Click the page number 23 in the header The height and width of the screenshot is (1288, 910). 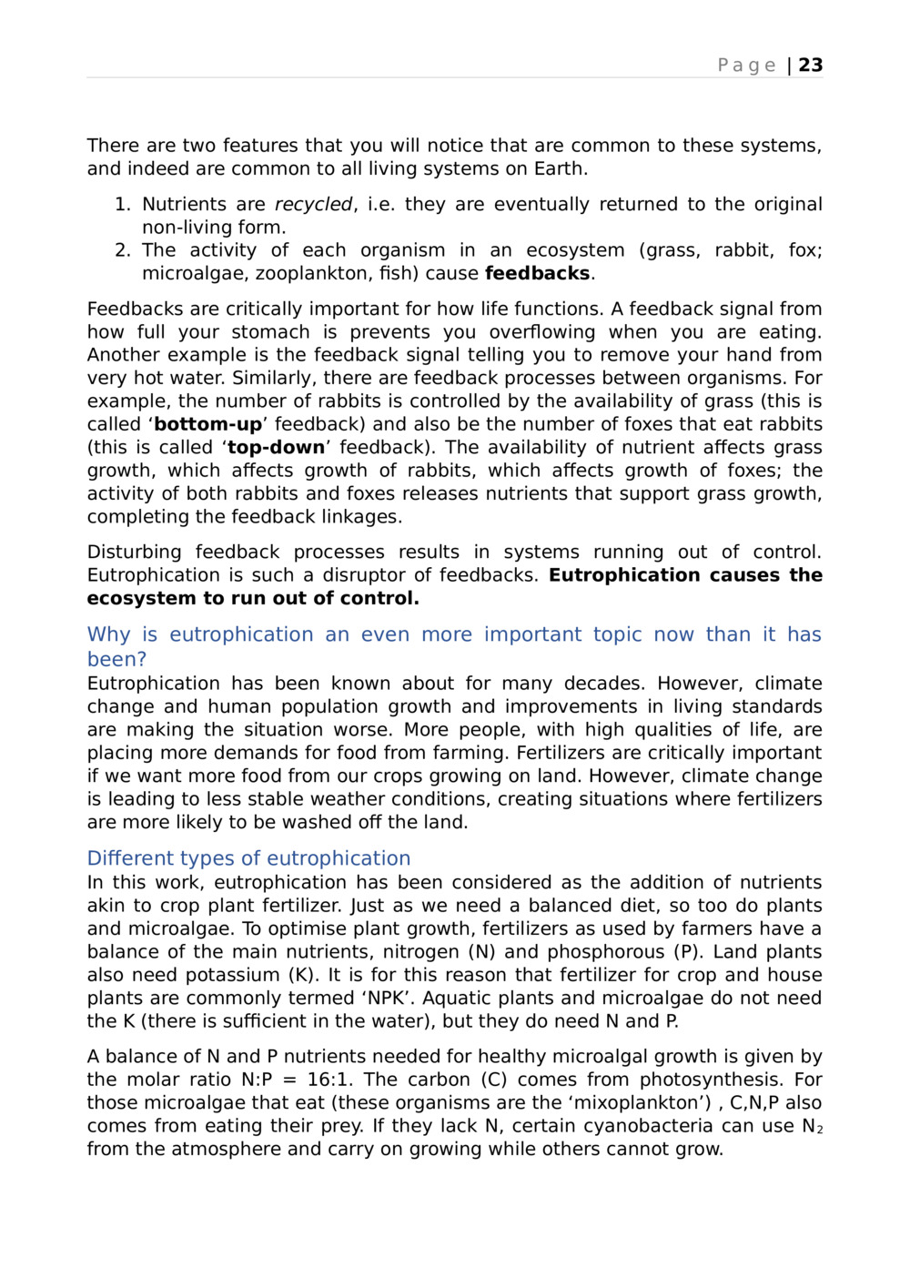pyautogui.click(x=811, y=66)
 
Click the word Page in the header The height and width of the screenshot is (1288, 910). pyautogui.click(x=746, y=66)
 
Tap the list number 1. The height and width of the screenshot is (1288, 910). pyautogui.click(x=122, y=205)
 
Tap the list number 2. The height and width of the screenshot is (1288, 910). pyautogui.click(x=122, y=250)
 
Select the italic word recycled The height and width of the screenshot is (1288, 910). pyautogui.click(x=313, y=205)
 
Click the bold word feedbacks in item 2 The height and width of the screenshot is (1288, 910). pyautogui.click(x=537, y=274)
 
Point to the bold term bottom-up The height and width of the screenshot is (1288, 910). pyautogui.click(x=207, y=425)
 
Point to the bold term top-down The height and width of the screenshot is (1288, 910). pyautogui.click(x=276, y=448)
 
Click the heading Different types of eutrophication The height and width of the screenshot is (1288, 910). pyautogui.click(x=248, y=858)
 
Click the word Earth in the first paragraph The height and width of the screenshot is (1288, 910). pyautogui.click(x=561, y=169)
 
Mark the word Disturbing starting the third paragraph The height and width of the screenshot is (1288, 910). pyautogui.click(x=134, y=553)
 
